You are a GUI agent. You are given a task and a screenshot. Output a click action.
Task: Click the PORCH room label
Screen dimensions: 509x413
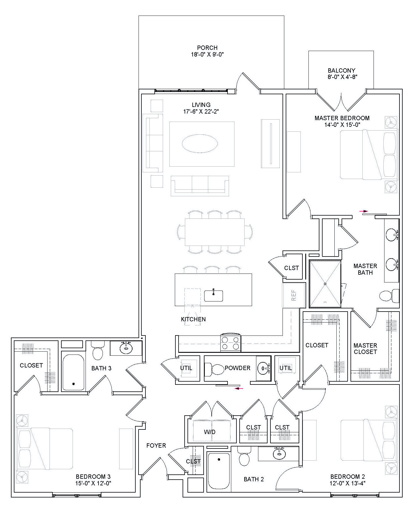point(207,48)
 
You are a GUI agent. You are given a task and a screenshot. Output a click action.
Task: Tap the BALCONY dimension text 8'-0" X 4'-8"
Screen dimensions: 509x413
point(341,77)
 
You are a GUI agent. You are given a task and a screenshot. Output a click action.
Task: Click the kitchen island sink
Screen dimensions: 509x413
point(213,296)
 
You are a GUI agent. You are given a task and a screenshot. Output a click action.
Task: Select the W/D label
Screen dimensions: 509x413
point(210,432)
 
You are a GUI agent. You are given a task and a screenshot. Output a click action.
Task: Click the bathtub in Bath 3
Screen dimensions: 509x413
point(73,372)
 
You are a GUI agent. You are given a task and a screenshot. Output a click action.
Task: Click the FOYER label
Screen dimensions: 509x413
point(156,446)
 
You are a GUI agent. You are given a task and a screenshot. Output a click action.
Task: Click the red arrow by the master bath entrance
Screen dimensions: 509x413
point(364,211)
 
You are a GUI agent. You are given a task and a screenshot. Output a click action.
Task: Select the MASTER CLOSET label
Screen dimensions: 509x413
point(365,348)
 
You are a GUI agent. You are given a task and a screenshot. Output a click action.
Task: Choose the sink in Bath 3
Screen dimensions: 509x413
point(126,348)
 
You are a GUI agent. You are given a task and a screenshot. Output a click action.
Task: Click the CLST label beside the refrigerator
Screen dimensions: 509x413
point(291,268)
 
